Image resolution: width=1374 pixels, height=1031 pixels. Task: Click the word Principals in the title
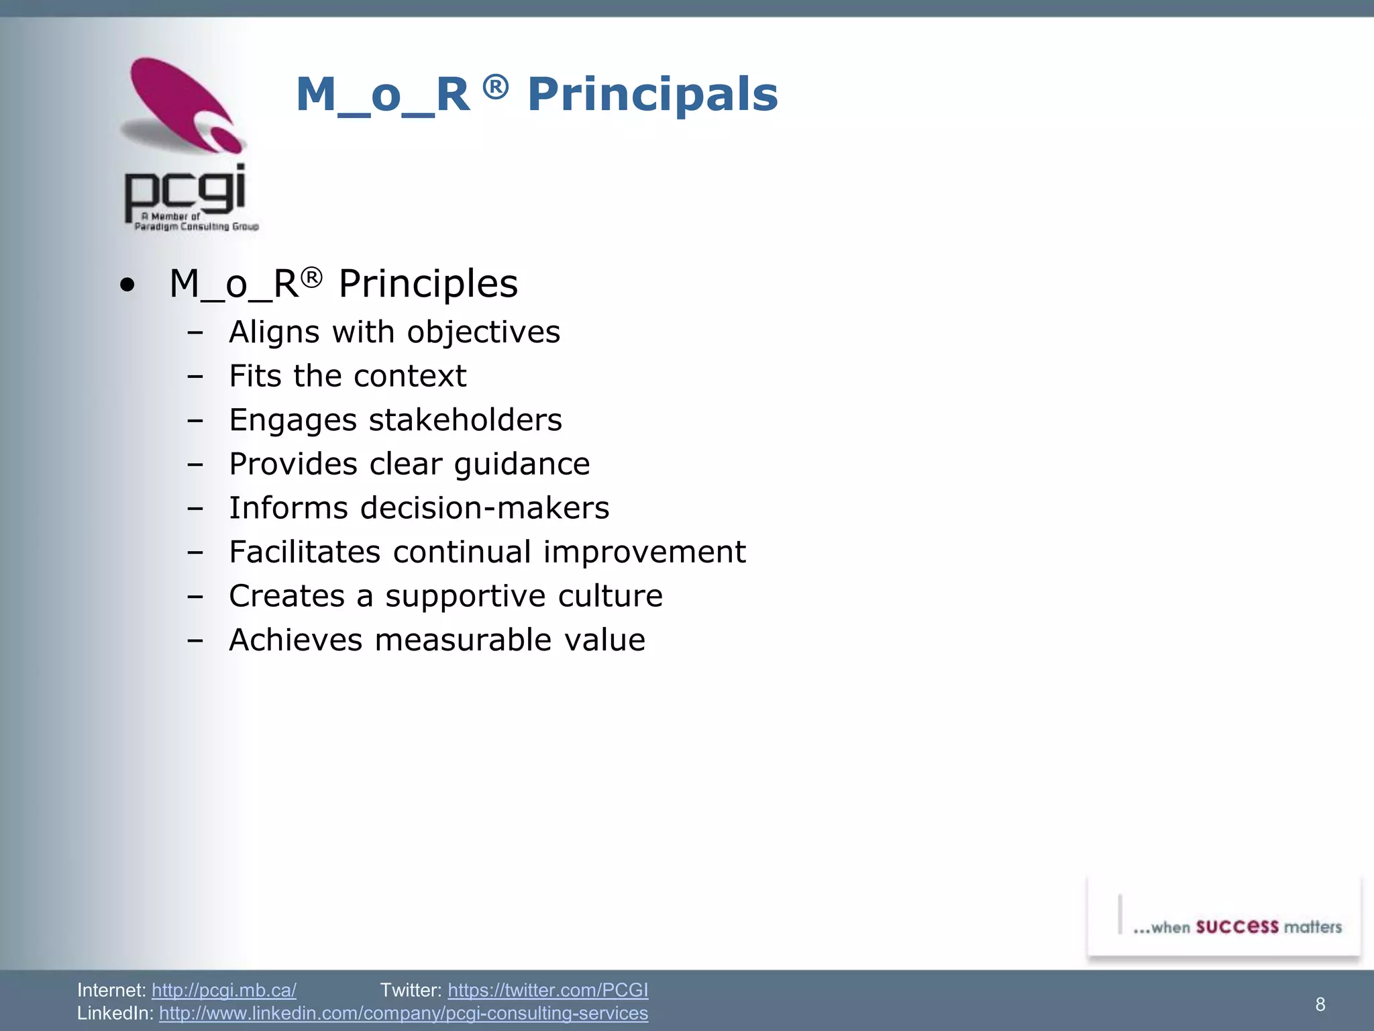(x=652, y=95)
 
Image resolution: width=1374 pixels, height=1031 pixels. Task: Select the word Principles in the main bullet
(x=428, y=284)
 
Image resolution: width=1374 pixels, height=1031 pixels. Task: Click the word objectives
(x=483, y=332)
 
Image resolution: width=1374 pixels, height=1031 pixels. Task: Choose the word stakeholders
(x=465, y=420)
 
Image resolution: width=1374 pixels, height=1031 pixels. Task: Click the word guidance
(x=521, y=464)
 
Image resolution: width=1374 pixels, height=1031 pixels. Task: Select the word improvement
(x=644, y=552)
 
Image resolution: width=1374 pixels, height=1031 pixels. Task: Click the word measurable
(x=464, y=640)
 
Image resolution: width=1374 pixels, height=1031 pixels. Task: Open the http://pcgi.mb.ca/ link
(x=223, y=990)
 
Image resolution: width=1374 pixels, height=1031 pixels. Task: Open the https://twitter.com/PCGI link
(x=547, y=990)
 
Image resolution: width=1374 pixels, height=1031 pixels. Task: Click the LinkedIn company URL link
(x=403, y=1013)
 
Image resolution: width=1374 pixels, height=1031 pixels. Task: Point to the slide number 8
(x=1320, y=1004)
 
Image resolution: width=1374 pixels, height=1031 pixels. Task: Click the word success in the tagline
(x=1236, y=927)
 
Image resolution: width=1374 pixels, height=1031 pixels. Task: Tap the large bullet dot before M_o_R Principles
(x=127, y=285)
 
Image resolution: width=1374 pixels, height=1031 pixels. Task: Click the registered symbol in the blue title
(x=495, y=87)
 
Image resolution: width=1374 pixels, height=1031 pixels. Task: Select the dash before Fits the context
(x=195, y=377)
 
